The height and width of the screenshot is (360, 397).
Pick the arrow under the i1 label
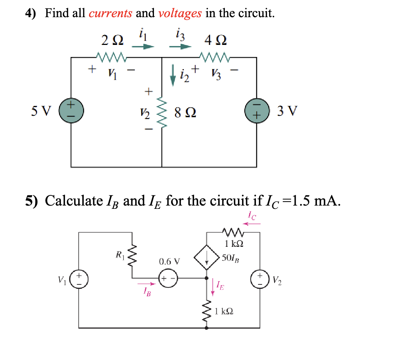pos(143,47)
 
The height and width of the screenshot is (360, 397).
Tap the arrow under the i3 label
pos(180,47)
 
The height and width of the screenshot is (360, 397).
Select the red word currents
pos(110,14)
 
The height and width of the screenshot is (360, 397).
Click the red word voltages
pos(180,14)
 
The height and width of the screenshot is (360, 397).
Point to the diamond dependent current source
pos(207,258)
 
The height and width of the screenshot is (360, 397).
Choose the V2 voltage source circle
pos(260,282)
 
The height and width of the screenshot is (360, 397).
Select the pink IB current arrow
pos(147,283)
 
